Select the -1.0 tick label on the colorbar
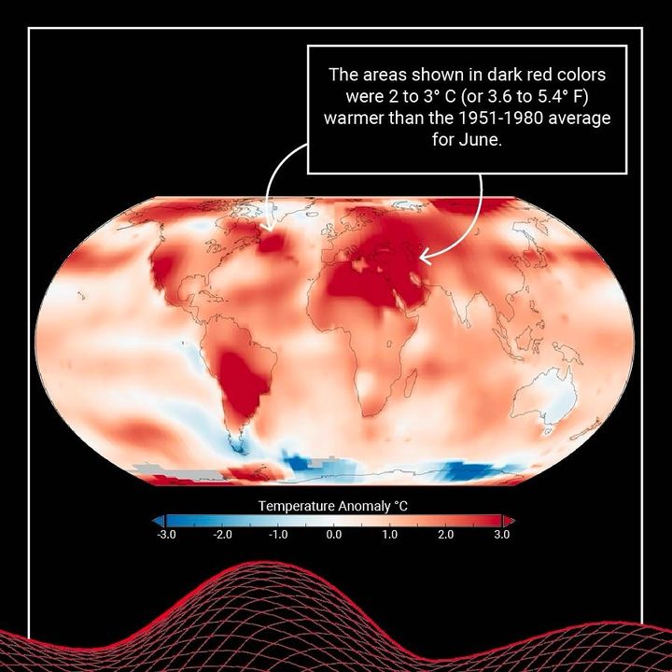[277, 536]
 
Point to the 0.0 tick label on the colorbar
[334, 536]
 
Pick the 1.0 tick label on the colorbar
[390, 536]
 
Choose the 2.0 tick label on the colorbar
[446, 536]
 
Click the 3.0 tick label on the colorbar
[501, 536]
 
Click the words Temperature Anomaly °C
[333, 506]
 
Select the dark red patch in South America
[245, 378]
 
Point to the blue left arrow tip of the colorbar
[158, 520]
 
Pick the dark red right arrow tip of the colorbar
[510, 520]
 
